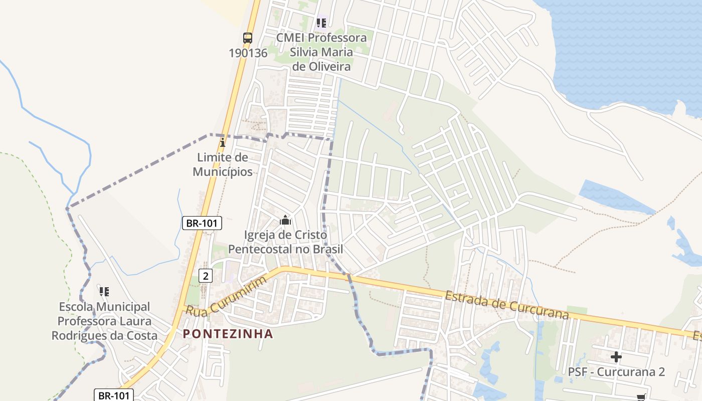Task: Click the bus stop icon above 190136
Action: click(248, 38)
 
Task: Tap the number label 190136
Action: click(248, 53)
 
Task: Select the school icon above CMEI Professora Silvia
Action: click(321, 23)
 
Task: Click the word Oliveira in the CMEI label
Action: click(327, 66)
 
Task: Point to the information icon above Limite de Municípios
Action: click(223, 143)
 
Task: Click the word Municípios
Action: click(223, 171)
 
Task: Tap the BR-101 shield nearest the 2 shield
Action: click(202, 223)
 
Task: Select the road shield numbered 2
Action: click(206, 275)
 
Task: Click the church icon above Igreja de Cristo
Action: click(285, 220)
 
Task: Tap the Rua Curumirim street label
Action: click(226, 297)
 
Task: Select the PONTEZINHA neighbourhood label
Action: click(228, 334)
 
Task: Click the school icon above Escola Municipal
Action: click(104, 291)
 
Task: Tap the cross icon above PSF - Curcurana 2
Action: click(616, 357)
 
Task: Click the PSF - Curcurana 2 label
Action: click(616, 372)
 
